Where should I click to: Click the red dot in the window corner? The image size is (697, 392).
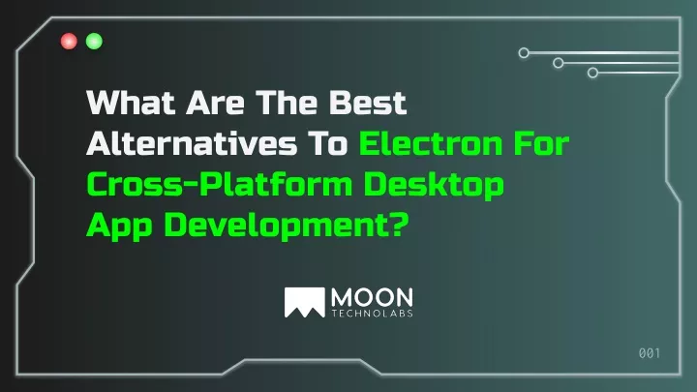pos(69,42)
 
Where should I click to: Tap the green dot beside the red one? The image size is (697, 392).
pos(94,42)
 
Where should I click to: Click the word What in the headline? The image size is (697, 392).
pos(131,103)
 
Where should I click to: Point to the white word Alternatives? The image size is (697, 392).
pos(192,143)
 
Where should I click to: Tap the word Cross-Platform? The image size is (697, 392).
pos(220,185)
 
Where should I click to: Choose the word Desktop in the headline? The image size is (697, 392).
pos(434,185)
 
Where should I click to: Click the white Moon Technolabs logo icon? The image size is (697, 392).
pos(305,302)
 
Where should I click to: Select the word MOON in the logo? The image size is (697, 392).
pos(372,297)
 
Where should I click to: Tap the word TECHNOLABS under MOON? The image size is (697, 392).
pos(373,314)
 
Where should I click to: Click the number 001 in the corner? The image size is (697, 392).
pos(650,353)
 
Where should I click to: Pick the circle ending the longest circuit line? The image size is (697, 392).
pos(524,53)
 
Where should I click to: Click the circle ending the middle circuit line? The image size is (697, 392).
pos(559,63)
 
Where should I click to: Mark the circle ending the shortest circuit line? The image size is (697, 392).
pos(592,73)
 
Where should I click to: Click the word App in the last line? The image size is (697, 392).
pos(120,226)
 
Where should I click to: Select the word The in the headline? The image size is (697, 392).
pos(288,103)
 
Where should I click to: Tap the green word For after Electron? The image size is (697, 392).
pos(541,143)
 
